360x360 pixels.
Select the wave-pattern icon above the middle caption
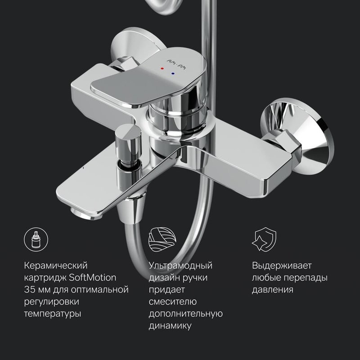(160, 240)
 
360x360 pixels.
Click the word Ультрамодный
(180, 265)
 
